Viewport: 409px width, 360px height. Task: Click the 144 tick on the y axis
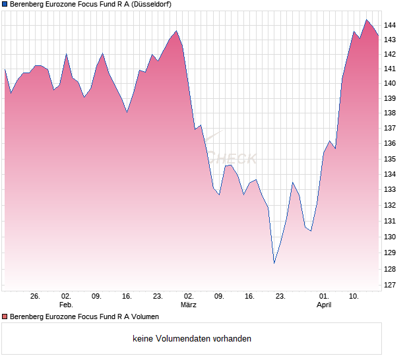point(390,25)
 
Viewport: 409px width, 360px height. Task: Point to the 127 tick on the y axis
point(390,285)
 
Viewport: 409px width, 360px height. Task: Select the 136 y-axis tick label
point(390,144)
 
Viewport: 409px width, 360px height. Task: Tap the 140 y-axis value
point(390,83)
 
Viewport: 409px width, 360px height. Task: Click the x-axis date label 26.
point(36,297)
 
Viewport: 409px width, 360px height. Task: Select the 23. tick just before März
point(158,297)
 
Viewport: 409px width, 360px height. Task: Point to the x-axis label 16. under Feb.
point(127,297)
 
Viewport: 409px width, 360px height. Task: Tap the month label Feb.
point(66,305)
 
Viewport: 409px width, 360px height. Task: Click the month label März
point(189,305)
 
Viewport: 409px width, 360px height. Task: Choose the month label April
point(324,305)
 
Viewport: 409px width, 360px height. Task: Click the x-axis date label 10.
point(354,297)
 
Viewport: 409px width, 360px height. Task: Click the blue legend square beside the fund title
point(5,4)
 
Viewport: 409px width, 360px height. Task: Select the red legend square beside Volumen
point(5,317)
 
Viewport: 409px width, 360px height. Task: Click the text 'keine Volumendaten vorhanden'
point(192,339)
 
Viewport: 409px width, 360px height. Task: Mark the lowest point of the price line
point(274,263)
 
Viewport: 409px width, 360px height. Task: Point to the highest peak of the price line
point(366,20)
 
